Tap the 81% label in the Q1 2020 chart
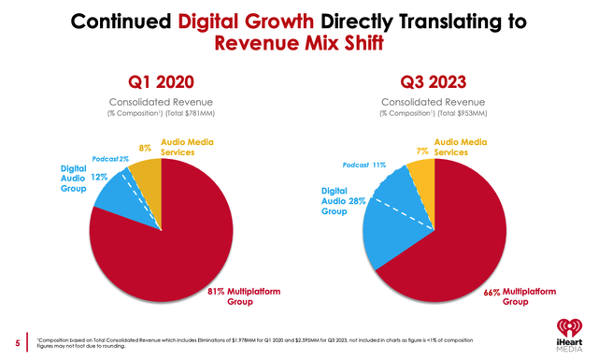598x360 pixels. pyautogui.click(x=218, y=292)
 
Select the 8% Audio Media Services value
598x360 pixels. pyautogui.click(x=146, y=148)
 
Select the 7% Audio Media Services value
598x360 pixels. pyautogui.click(x=422, y=151)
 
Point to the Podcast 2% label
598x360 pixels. pyautogui.click(x=110, y=159)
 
